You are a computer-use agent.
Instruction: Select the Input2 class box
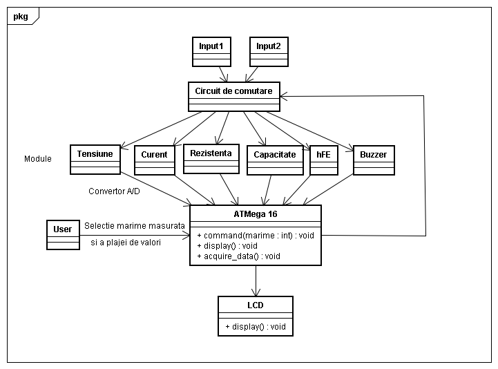[x=269, y=51]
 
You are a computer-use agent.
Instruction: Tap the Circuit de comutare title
[x=233, y=91]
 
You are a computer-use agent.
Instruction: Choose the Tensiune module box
[x=95, y=159]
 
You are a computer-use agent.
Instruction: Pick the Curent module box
[x=154, y=160]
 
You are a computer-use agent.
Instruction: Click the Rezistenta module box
[x=211, y=158]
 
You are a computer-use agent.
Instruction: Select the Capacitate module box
[x=275, y=160]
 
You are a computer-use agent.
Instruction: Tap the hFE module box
[x=324, y=160]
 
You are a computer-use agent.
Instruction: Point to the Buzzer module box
[x=374, y=160]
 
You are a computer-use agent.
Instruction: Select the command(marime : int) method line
[x=255, y=235]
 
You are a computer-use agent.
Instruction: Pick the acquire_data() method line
[x=238, y=256]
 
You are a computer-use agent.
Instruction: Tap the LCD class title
[x=255, y=305]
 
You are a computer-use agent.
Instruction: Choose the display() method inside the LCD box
[x=255, y=327]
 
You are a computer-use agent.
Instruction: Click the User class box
[x=63, y=235]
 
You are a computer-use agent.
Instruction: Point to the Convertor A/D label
[x=114, y=191]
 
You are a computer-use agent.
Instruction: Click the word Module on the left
[x=38, y=159]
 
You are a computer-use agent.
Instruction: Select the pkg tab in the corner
[x=21, y=17]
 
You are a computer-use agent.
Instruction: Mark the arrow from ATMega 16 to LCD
[x=256, y=281]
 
